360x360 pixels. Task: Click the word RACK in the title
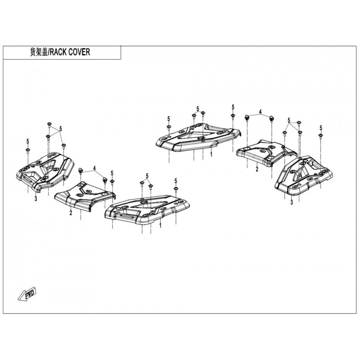[x=58, y=52]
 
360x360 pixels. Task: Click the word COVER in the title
[x=80, y=52]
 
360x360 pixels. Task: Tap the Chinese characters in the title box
[x=39, y=52]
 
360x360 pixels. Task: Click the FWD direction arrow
[x=27, y=294]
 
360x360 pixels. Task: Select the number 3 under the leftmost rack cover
[x=36, y=198]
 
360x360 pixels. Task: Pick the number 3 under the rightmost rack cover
[x=292, y=202]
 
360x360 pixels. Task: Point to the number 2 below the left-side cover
[x=71, y=213]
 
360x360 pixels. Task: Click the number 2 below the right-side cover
[x=257, y=169]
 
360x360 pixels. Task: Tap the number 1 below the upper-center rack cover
[x=211, y=154]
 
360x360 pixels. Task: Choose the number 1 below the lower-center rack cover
[x=160, y=225]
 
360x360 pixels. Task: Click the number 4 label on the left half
[x=94, y=168]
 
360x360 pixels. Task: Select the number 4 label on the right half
[x=260, y=112]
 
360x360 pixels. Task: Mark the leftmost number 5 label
[x=28, y=141]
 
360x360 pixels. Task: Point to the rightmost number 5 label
[x=321, y=128]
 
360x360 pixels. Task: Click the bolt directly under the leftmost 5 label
[x=28, y=150]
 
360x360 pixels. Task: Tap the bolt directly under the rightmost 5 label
[x=321, y=136]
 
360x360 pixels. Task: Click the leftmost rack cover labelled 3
[x=45, y=171]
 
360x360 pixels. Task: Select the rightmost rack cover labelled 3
[x=303, y=175]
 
